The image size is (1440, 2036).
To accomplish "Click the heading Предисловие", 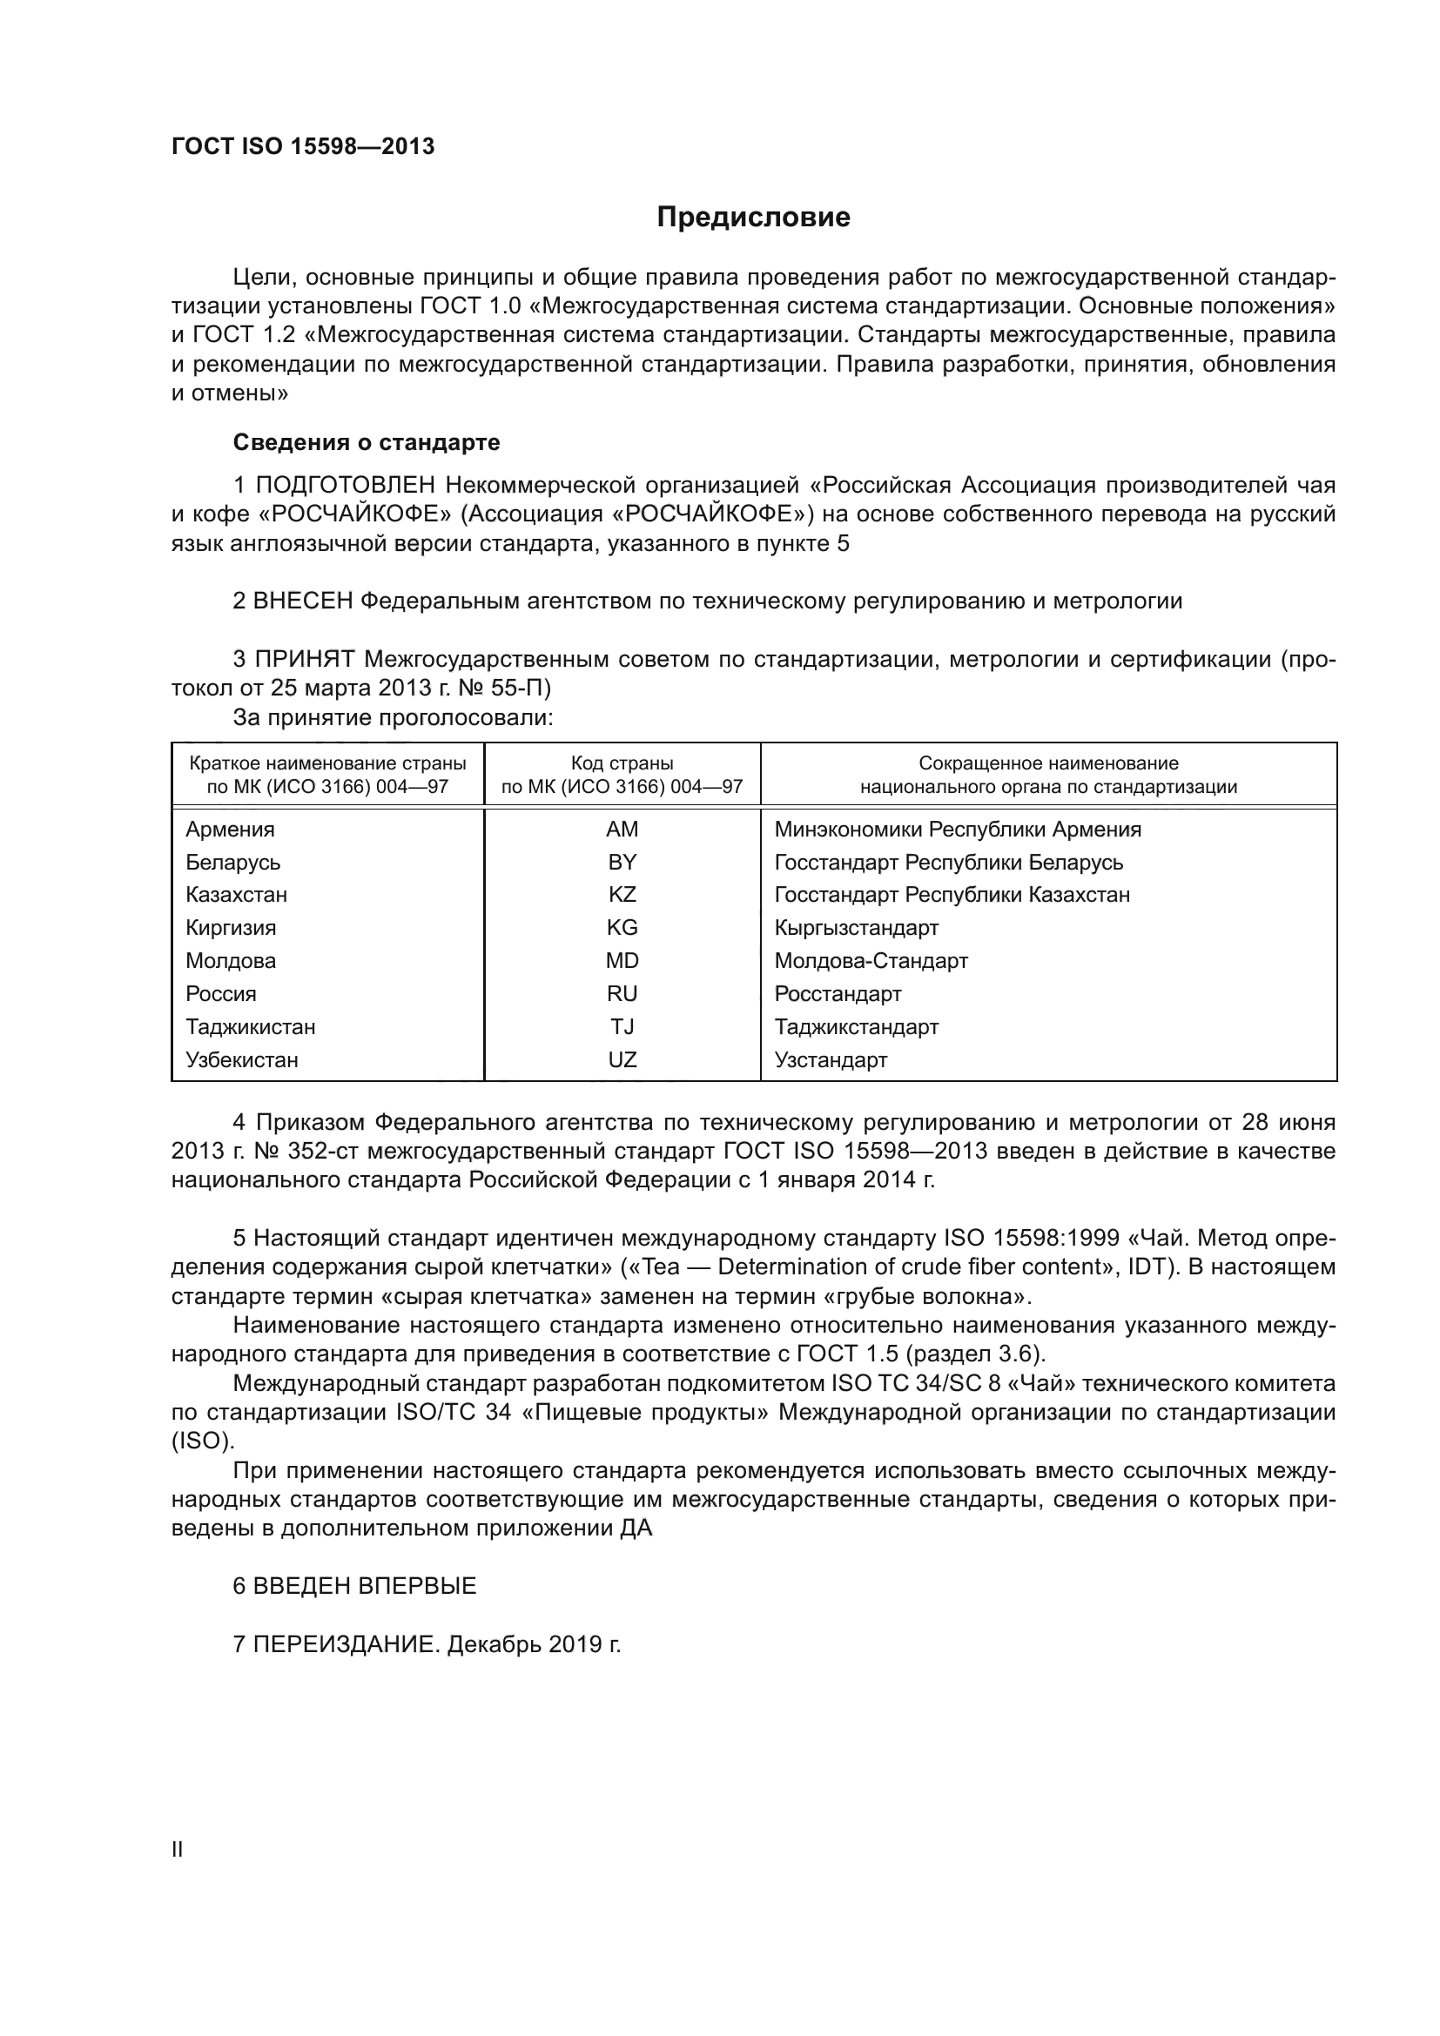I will tap(753, 218).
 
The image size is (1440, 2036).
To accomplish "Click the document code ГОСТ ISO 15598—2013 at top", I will tap(302, 147).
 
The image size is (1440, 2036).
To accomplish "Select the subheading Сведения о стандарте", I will tap(367, 441).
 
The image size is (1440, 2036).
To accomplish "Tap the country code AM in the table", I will tap(622, 830).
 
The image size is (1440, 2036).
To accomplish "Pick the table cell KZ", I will tap(622, 895).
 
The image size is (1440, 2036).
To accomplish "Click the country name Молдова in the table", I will tap(231, 961).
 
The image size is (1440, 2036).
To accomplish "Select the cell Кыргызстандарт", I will tap(856, 929).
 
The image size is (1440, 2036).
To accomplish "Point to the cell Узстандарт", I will tap(830, 1060).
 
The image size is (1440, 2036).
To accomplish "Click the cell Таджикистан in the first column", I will tap(250, 1028).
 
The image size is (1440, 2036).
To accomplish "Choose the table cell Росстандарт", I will tap(837, 994).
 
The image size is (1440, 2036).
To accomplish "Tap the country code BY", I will tap(622, 862).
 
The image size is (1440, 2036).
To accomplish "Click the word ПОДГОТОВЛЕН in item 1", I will tap(345, 486).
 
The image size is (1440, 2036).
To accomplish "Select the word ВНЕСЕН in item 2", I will tap(302, 601).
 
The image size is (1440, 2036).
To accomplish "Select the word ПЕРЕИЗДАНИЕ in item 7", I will tap(346, 1645).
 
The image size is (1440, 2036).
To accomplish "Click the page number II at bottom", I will tap(178, 1850).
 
